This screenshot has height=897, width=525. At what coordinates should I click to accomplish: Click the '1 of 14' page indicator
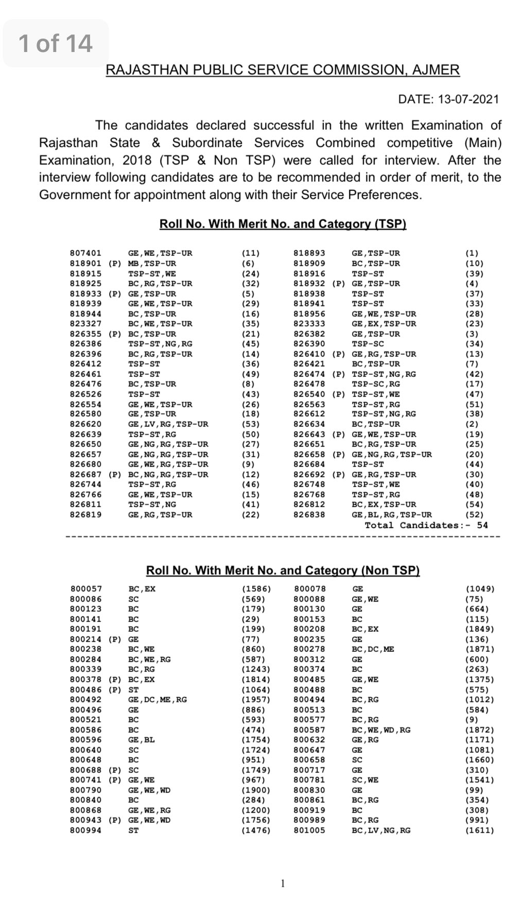point(56,43)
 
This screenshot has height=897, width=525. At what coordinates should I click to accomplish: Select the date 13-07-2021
point(468,99)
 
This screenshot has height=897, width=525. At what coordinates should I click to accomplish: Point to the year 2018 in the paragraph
point(137,160)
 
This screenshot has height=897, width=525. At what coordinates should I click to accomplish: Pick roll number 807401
point(85,253)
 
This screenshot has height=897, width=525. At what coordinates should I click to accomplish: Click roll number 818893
point(309,253)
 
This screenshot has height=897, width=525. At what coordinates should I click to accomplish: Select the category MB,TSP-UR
point(152,263)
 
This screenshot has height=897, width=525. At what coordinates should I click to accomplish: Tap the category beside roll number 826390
point(368,344)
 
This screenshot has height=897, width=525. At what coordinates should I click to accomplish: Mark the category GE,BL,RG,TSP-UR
point(392,515)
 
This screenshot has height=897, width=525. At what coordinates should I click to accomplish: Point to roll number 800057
point(86,589)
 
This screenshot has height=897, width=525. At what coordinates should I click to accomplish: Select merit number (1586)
point(256,589)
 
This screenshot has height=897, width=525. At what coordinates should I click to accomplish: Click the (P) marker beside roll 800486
point(115,689)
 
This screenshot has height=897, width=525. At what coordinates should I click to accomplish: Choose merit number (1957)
point(256,700)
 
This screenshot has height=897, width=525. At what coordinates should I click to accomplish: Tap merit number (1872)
point(480,730)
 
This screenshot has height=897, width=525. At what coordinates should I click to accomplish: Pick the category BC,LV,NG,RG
point(381,831)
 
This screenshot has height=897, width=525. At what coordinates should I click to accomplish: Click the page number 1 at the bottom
point(283,884)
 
